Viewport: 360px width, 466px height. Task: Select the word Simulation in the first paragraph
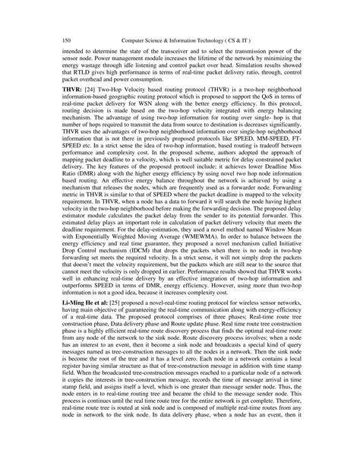[240, 84]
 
